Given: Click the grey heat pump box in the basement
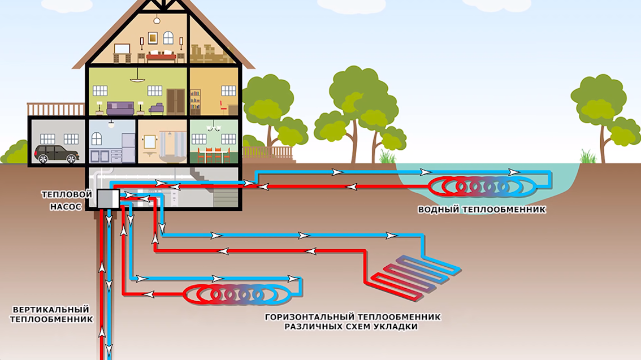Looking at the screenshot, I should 107,198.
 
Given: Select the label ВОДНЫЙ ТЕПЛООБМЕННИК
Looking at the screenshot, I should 482,210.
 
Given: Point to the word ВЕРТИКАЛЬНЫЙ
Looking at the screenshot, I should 51,309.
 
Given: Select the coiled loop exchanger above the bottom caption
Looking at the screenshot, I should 237,293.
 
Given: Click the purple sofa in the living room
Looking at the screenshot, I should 120,107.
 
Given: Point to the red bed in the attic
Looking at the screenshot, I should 162,57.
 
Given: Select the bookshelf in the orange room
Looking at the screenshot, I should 195,102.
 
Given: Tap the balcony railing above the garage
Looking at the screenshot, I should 56,109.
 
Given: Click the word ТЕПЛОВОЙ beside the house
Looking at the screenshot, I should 67,194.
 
